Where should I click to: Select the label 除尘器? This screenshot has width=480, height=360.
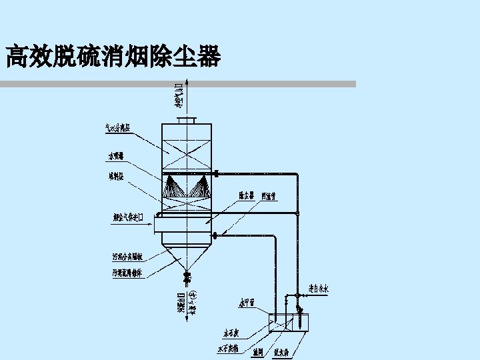coord(247,196)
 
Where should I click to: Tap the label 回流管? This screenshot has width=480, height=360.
coord(269,196)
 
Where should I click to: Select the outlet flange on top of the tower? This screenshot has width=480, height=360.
coord(187,120)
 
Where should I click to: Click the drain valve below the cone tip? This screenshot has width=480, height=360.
coord(187,275)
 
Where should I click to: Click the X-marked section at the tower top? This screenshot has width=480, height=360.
coord(187,148)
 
